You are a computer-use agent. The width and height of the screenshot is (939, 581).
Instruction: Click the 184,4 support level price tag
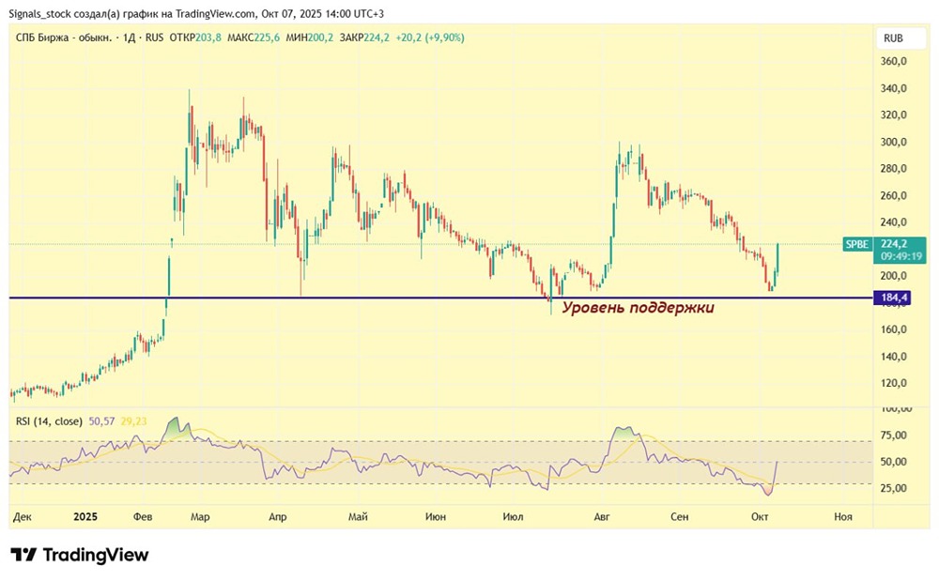point(892,298)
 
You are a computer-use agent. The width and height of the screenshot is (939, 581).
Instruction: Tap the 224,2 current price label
point(894,243)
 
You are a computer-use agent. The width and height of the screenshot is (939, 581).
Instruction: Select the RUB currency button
point(893,38)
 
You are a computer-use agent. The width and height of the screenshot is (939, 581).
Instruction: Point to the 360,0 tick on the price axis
point(894,61)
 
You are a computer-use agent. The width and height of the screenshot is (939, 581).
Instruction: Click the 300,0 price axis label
point(894,142)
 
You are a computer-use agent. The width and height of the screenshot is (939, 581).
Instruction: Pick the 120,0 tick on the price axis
point(894,383)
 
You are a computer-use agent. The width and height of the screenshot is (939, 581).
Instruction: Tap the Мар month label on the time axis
point(200,516)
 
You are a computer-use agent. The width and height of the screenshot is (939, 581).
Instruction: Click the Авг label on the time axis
point(601,516)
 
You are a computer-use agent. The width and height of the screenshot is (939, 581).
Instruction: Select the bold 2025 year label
point(85,516)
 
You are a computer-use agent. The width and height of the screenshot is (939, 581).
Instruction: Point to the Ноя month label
point(843,516)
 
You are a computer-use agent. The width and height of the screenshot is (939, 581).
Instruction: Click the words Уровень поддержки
point(638,308)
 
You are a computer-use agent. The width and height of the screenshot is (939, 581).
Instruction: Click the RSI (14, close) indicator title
point(49,421)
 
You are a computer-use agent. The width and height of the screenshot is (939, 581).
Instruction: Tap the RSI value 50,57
point(101,421)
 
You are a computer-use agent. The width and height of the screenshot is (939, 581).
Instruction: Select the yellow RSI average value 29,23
point(133,421)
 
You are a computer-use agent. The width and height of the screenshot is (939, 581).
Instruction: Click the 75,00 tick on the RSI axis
point(894,435)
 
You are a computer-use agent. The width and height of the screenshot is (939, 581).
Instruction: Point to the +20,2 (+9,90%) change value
point(430,38)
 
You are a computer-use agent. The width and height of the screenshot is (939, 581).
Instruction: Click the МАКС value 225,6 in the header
point(267,38)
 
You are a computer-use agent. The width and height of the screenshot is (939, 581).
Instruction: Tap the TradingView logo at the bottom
point(80,555)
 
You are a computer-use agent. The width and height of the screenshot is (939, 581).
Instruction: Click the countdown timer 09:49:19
point(901,256)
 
